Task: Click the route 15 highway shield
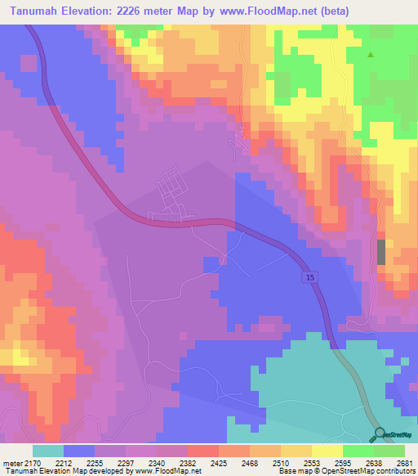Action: click(309, 278)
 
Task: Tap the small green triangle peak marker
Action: click(371, 56)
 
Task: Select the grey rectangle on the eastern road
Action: click(380, 252)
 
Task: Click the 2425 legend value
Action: click(218, 462)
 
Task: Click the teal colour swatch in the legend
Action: click(48, 451)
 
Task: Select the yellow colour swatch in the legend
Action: click(327, 451)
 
